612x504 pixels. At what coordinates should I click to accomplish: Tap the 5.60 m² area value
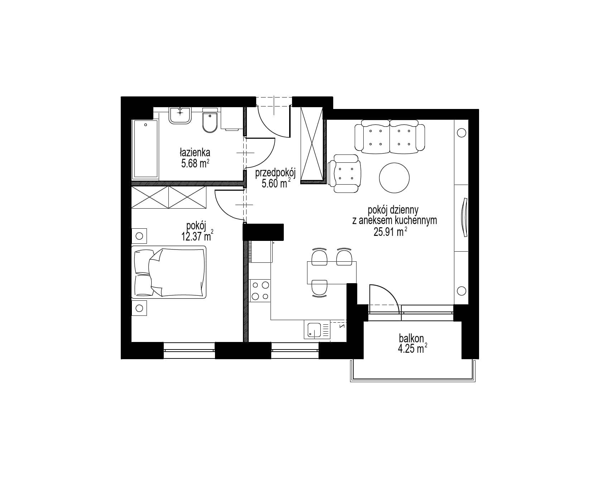(x=276, y=184)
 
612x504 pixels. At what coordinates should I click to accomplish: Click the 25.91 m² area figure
(x=390, y=232)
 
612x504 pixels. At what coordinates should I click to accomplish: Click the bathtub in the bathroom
(x=145, y=149)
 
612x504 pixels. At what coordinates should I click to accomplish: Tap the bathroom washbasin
(x=180, y=115)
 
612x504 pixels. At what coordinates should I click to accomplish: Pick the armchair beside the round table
(x=344, y=173)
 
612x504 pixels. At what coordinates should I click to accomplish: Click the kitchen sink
(x=315, y=329)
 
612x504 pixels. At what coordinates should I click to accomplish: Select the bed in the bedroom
(x=169, y=272)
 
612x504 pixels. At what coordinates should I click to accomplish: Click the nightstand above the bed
(x=139, y=236)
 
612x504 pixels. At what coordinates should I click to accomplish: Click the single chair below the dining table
(x=320, y=289)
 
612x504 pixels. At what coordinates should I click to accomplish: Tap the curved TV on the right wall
(x=464, y=217)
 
